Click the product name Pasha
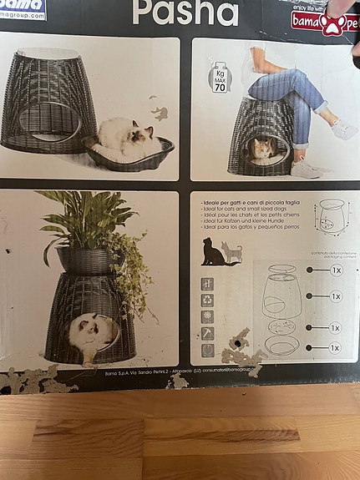tap(185, 13)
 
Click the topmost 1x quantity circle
tap(312, 270)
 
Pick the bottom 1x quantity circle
tap(312, 347)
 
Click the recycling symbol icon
tap(207, 301)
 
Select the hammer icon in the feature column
tap(207, 333)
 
